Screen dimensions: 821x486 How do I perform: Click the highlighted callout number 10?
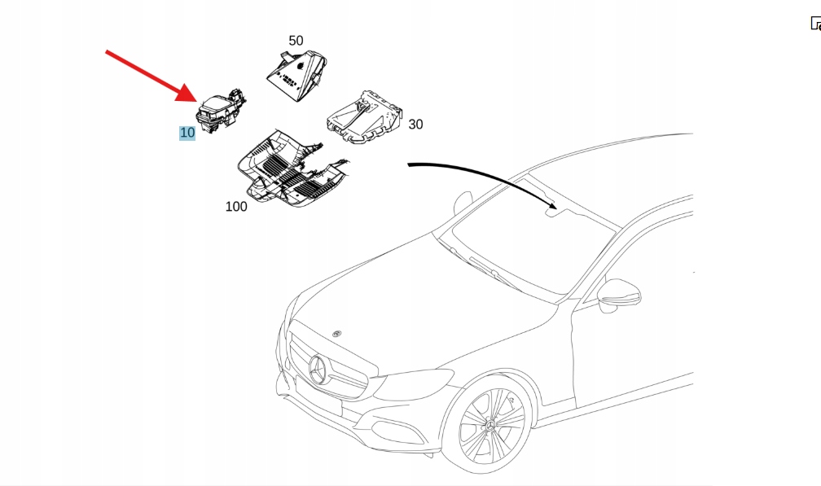pos(187,133)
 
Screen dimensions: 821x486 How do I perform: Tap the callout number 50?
pos(296,40)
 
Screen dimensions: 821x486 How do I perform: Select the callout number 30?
pos(415,125)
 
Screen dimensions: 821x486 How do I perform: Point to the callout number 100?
pos(236,207)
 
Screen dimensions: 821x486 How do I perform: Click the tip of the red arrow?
pos(197,102)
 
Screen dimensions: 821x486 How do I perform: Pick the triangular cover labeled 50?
pos(296,75)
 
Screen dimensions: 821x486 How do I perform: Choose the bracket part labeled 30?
pos(365,117)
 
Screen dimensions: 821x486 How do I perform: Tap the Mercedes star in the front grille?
pos(318,369)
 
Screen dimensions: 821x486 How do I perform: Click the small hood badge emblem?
pos(336,333)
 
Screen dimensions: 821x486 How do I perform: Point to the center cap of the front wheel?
pos(490,424)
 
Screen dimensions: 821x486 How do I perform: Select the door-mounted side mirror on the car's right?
pos(619,296)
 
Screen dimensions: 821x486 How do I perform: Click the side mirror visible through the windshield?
pos(463,203)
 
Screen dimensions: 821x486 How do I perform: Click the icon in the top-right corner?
pos(816,24)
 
